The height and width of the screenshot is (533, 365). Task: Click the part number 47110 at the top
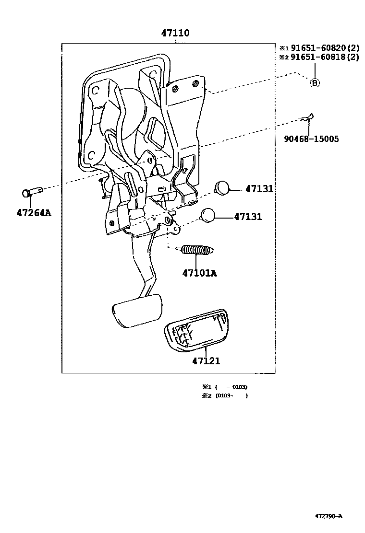[175, 34]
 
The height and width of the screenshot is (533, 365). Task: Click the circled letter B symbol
[315, 83]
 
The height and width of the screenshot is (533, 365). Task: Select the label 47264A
[33, 213]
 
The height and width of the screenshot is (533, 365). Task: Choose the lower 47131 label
[248, 217]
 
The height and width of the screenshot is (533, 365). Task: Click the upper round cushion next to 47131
[222, 187]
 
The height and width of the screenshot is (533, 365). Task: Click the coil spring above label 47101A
[197, 250]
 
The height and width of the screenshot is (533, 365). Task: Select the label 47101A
[199, 273]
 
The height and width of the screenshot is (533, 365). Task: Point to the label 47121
[206, 360]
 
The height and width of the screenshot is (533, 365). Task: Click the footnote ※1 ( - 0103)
[225, 386]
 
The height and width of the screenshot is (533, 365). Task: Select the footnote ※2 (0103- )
[225, 395]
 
